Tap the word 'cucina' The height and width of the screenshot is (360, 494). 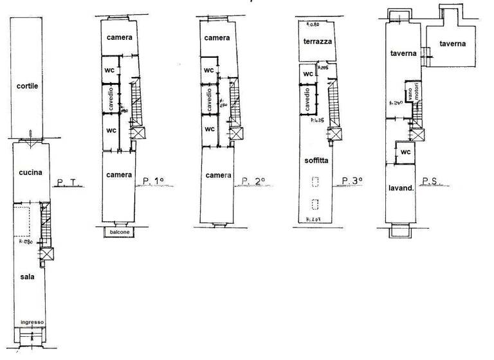30,172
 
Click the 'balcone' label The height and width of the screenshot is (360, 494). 119,231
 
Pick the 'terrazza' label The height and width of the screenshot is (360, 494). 317,40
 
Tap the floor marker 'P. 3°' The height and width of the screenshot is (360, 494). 352,180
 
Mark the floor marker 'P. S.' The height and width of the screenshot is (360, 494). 430,181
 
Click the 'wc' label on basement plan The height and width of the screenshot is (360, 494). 405,152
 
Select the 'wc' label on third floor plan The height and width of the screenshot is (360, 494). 308,74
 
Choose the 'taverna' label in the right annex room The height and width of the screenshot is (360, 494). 453,44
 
